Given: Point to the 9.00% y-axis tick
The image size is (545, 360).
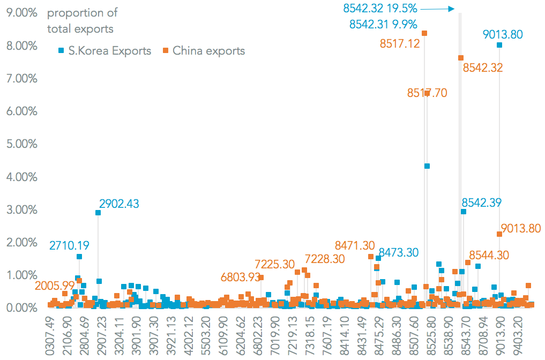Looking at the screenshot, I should [21, 13].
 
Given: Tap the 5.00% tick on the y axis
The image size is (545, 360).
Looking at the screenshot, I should [21, 144].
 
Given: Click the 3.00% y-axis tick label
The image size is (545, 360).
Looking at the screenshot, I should [21, 209].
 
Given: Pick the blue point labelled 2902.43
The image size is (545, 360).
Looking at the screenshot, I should [98, 213].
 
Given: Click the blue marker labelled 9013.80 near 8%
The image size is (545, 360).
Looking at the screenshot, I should [499, 45].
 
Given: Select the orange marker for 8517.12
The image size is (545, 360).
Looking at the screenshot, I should [424, 33].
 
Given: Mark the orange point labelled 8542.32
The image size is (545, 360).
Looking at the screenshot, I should [461, 58].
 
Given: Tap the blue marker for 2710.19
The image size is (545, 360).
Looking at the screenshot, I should [79, 257].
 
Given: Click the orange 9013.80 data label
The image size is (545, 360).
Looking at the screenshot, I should [520, 229].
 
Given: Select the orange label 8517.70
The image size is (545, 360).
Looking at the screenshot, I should [427, 93].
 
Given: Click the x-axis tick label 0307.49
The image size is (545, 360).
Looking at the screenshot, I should [51, 335].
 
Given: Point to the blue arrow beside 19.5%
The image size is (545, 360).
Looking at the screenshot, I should [438, 9].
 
